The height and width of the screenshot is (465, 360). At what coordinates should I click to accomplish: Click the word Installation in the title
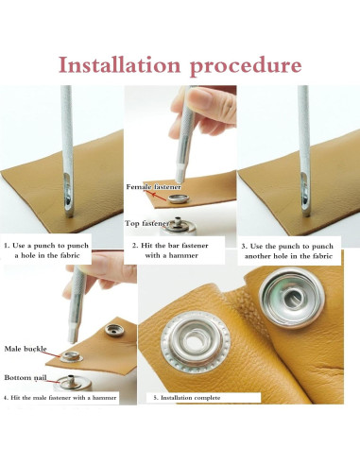[120, 64]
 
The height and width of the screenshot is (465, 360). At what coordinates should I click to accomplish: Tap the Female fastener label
[153, 187]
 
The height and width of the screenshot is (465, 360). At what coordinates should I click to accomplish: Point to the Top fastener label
[146, 223]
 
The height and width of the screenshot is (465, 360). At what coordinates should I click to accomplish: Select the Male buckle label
[26, 349]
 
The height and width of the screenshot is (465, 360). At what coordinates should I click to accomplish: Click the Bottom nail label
[26, 377]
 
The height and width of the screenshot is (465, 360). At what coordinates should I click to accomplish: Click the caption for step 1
[46, 250]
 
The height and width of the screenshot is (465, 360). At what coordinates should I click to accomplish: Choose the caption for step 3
[288, 251]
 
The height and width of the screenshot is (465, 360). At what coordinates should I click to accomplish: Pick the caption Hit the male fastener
[60, 398]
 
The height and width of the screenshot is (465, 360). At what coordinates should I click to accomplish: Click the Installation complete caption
[187, 398]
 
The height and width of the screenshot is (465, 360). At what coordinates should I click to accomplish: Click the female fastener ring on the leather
[179, 198]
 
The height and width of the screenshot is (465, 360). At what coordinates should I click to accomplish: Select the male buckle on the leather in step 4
[72, 356]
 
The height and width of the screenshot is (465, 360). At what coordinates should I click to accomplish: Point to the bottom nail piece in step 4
[72, 382]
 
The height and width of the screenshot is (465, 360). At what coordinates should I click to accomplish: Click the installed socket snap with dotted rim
[196, 342]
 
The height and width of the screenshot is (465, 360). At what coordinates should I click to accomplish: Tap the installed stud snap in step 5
[292, 298]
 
